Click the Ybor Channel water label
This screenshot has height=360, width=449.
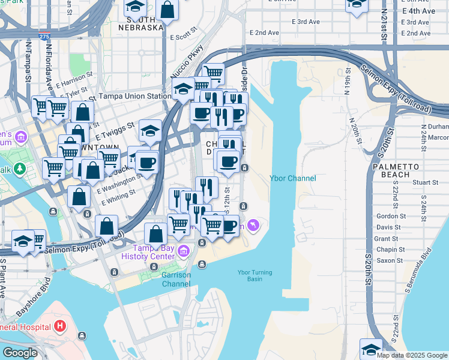pyautogui.click(x=292, y=178)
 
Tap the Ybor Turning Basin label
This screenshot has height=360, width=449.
pyautogui.click(x=255, y=275)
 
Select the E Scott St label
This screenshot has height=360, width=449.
pyautogui.click(x=184, y=33)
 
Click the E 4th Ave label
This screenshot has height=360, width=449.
pyautogui.click(x=419, y=11)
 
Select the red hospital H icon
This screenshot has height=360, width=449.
pyautogui.click(x=59, y=327)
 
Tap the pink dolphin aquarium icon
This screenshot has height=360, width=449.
pyautogui.click(x=255, y=226)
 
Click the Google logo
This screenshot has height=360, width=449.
pyautogui.click(x=20, y=353)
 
